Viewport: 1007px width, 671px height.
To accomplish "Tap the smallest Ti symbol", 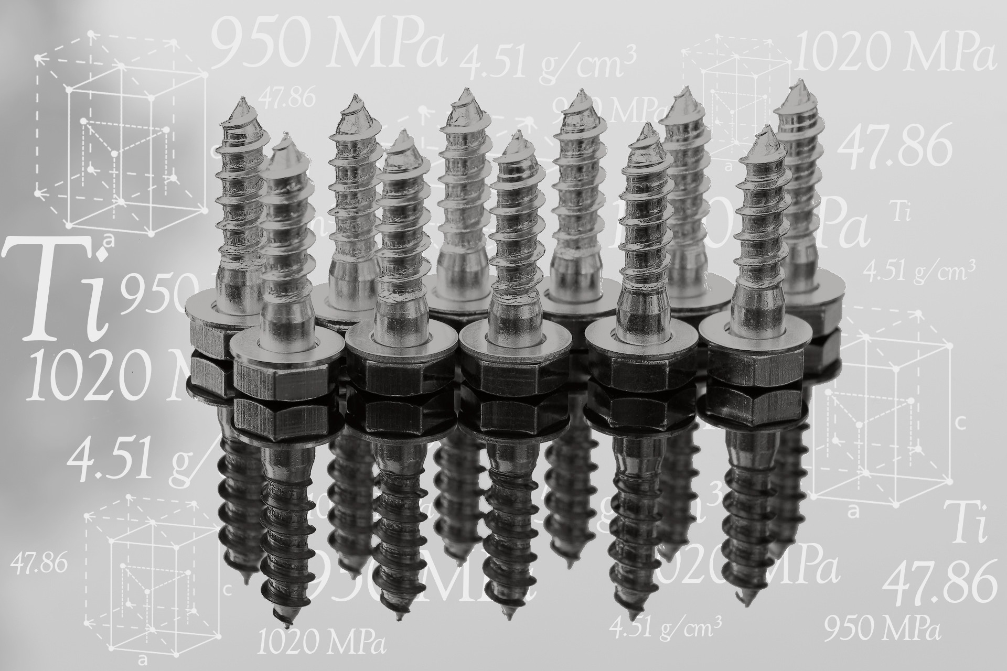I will [x=900, y=214].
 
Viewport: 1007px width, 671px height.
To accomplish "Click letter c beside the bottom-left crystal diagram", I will [x=227, y=590].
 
